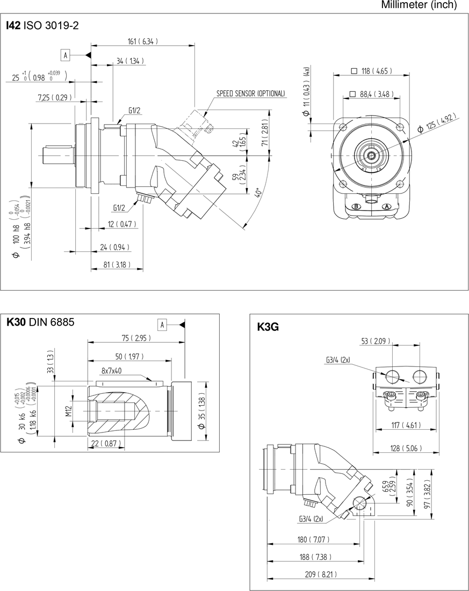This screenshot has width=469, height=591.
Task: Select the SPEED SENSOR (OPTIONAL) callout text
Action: click(251, 93)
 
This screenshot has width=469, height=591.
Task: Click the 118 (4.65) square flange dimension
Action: click(372, 70)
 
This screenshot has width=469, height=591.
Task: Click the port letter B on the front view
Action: click(356, 207)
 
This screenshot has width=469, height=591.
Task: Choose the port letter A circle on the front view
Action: click(387, 207)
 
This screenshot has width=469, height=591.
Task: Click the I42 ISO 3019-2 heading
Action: click(42, 25)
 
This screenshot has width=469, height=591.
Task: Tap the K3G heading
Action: click(269, 327)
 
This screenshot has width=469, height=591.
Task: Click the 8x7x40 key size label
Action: click(112, 371)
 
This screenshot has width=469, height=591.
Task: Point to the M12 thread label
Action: click(69, 412)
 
